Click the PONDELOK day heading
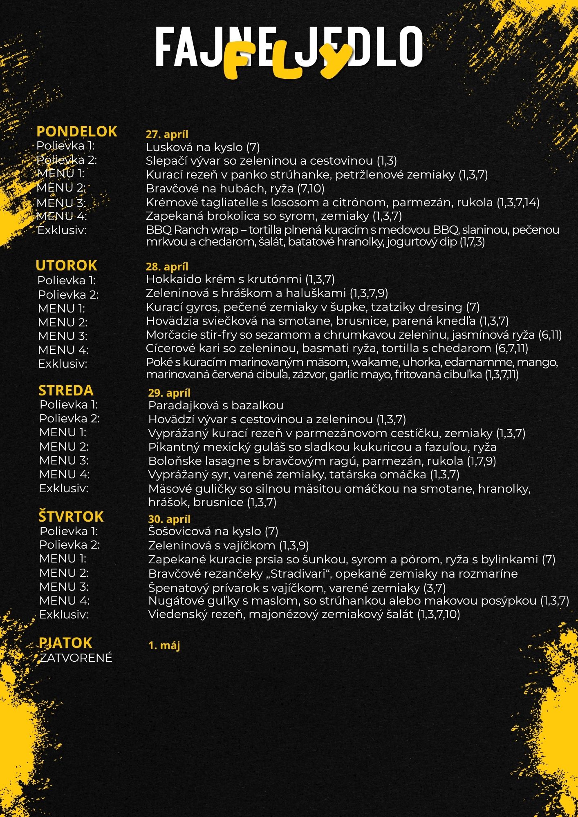point(77,132)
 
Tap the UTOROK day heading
point(66,266)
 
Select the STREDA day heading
point(66,391)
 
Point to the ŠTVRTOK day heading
point(71,517)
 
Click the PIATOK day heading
point(65,643)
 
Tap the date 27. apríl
point(167,134)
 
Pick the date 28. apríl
point(167,267)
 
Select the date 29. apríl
point(169,393)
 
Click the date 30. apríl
point(169,519)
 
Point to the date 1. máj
point(164,645)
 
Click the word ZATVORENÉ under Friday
point(76,658)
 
